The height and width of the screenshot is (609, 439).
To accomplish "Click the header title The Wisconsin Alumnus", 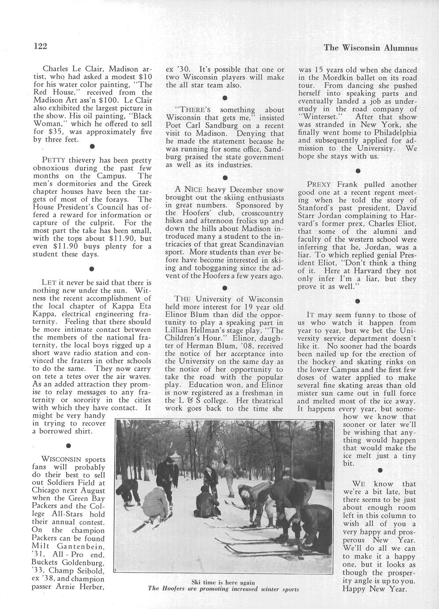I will pyautogui.click(x=371, y=48).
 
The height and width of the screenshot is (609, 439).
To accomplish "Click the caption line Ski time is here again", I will pyautogui.click(x=223, y=582).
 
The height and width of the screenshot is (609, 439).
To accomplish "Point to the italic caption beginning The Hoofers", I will pyautogui.click(x=223, y=589).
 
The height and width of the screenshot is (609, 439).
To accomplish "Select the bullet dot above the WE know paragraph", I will pyautogui.click(x=379, y=470).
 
